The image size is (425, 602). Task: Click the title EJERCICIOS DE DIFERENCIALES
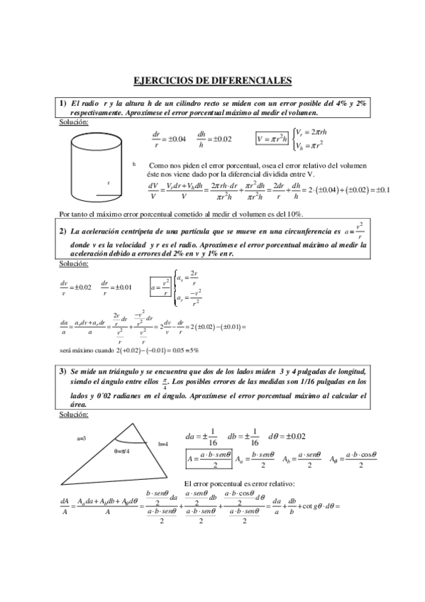coord(213,81)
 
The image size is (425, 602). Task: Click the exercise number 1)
coord(63,103)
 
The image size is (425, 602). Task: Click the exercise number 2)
coord(63,230)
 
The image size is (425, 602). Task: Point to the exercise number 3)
coord(63,371)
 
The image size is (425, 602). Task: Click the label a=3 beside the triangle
coord(82,439)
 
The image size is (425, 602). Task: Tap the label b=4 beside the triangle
coord(163,444)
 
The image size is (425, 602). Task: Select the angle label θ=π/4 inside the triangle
coord(122,451)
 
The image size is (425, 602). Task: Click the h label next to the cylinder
coord(133,164)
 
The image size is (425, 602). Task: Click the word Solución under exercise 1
coord(74,122)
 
